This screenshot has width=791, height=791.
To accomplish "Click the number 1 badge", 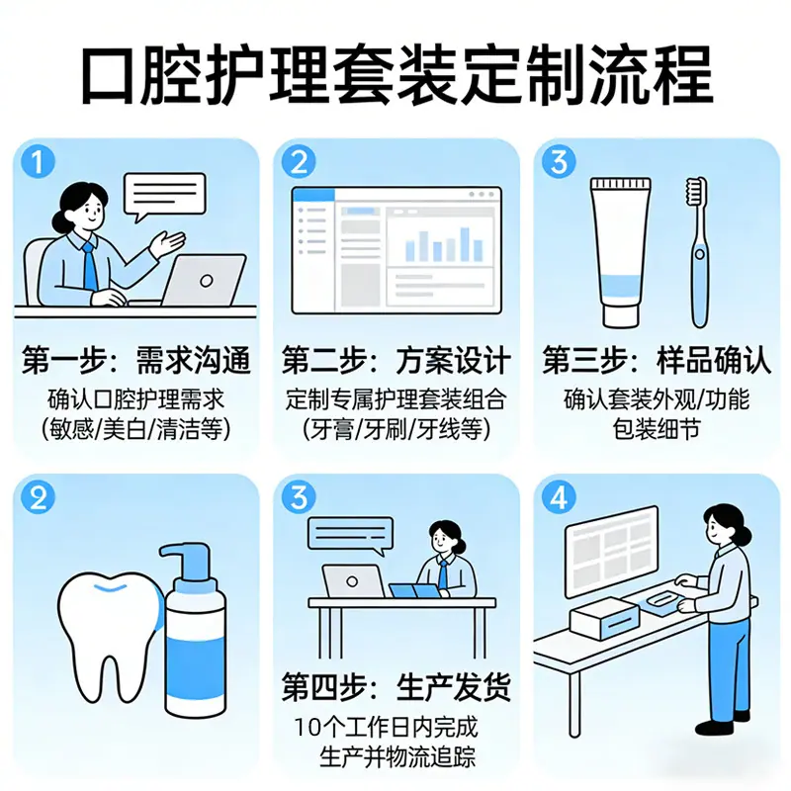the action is click(x=38, y=162).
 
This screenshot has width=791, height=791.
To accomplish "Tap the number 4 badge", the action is click(x=559, y=497).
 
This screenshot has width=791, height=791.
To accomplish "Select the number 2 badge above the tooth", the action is click(x=38, y=497).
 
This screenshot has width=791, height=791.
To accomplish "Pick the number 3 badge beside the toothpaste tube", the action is click(x=559, y=162).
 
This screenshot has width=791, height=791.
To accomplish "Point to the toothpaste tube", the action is click(x=621, y=252).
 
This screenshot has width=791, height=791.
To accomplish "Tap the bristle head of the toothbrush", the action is click(x=696, y=191).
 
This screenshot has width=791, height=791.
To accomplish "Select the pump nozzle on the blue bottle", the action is click(x=185, y=560).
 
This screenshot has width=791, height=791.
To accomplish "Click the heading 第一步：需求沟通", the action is click(x=136, y=360).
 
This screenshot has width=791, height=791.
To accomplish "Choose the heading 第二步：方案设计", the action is click(x=396, y=360).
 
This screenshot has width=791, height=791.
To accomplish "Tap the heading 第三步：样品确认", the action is click(x=657, y=360).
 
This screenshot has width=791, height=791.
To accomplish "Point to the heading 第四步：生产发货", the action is click(x=396, y=686).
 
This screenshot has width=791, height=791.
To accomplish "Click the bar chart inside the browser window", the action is click(x=444, y=244).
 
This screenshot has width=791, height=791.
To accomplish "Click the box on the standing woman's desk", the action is click(x=605, y=619).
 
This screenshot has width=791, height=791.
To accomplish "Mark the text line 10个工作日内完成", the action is click(x=386, y=727).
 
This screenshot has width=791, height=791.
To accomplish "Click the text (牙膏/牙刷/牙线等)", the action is click(x=396, y=430).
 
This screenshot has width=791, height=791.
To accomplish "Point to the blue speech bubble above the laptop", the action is click(x=350, y=536).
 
